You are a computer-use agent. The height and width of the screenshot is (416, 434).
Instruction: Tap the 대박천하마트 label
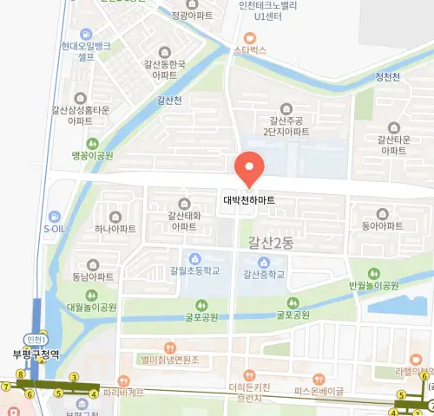coord(249,199)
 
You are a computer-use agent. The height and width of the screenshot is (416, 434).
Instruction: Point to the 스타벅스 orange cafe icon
coord(250,37)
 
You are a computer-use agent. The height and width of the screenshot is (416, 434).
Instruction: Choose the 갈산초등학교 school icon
coord(195,258)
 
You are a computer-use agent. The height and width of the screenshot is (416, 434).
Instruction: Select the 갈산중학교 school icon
coord(266,258)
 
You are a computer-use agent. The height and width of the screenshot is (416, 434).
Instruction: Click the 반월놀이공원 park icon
coord(374,272)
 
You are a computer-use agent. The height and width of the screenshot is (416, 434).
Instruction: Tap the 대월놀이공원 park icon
coord(93,294)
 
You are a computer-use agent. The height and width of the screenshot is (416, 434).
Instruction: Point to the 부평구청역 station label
coord(36,354)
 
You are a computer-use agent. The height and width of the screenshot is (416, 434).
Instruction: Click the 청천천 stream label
coord(386,77)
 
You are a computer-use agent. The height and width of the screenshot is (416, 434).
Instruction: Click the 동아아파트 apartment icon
coord(383,212)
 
